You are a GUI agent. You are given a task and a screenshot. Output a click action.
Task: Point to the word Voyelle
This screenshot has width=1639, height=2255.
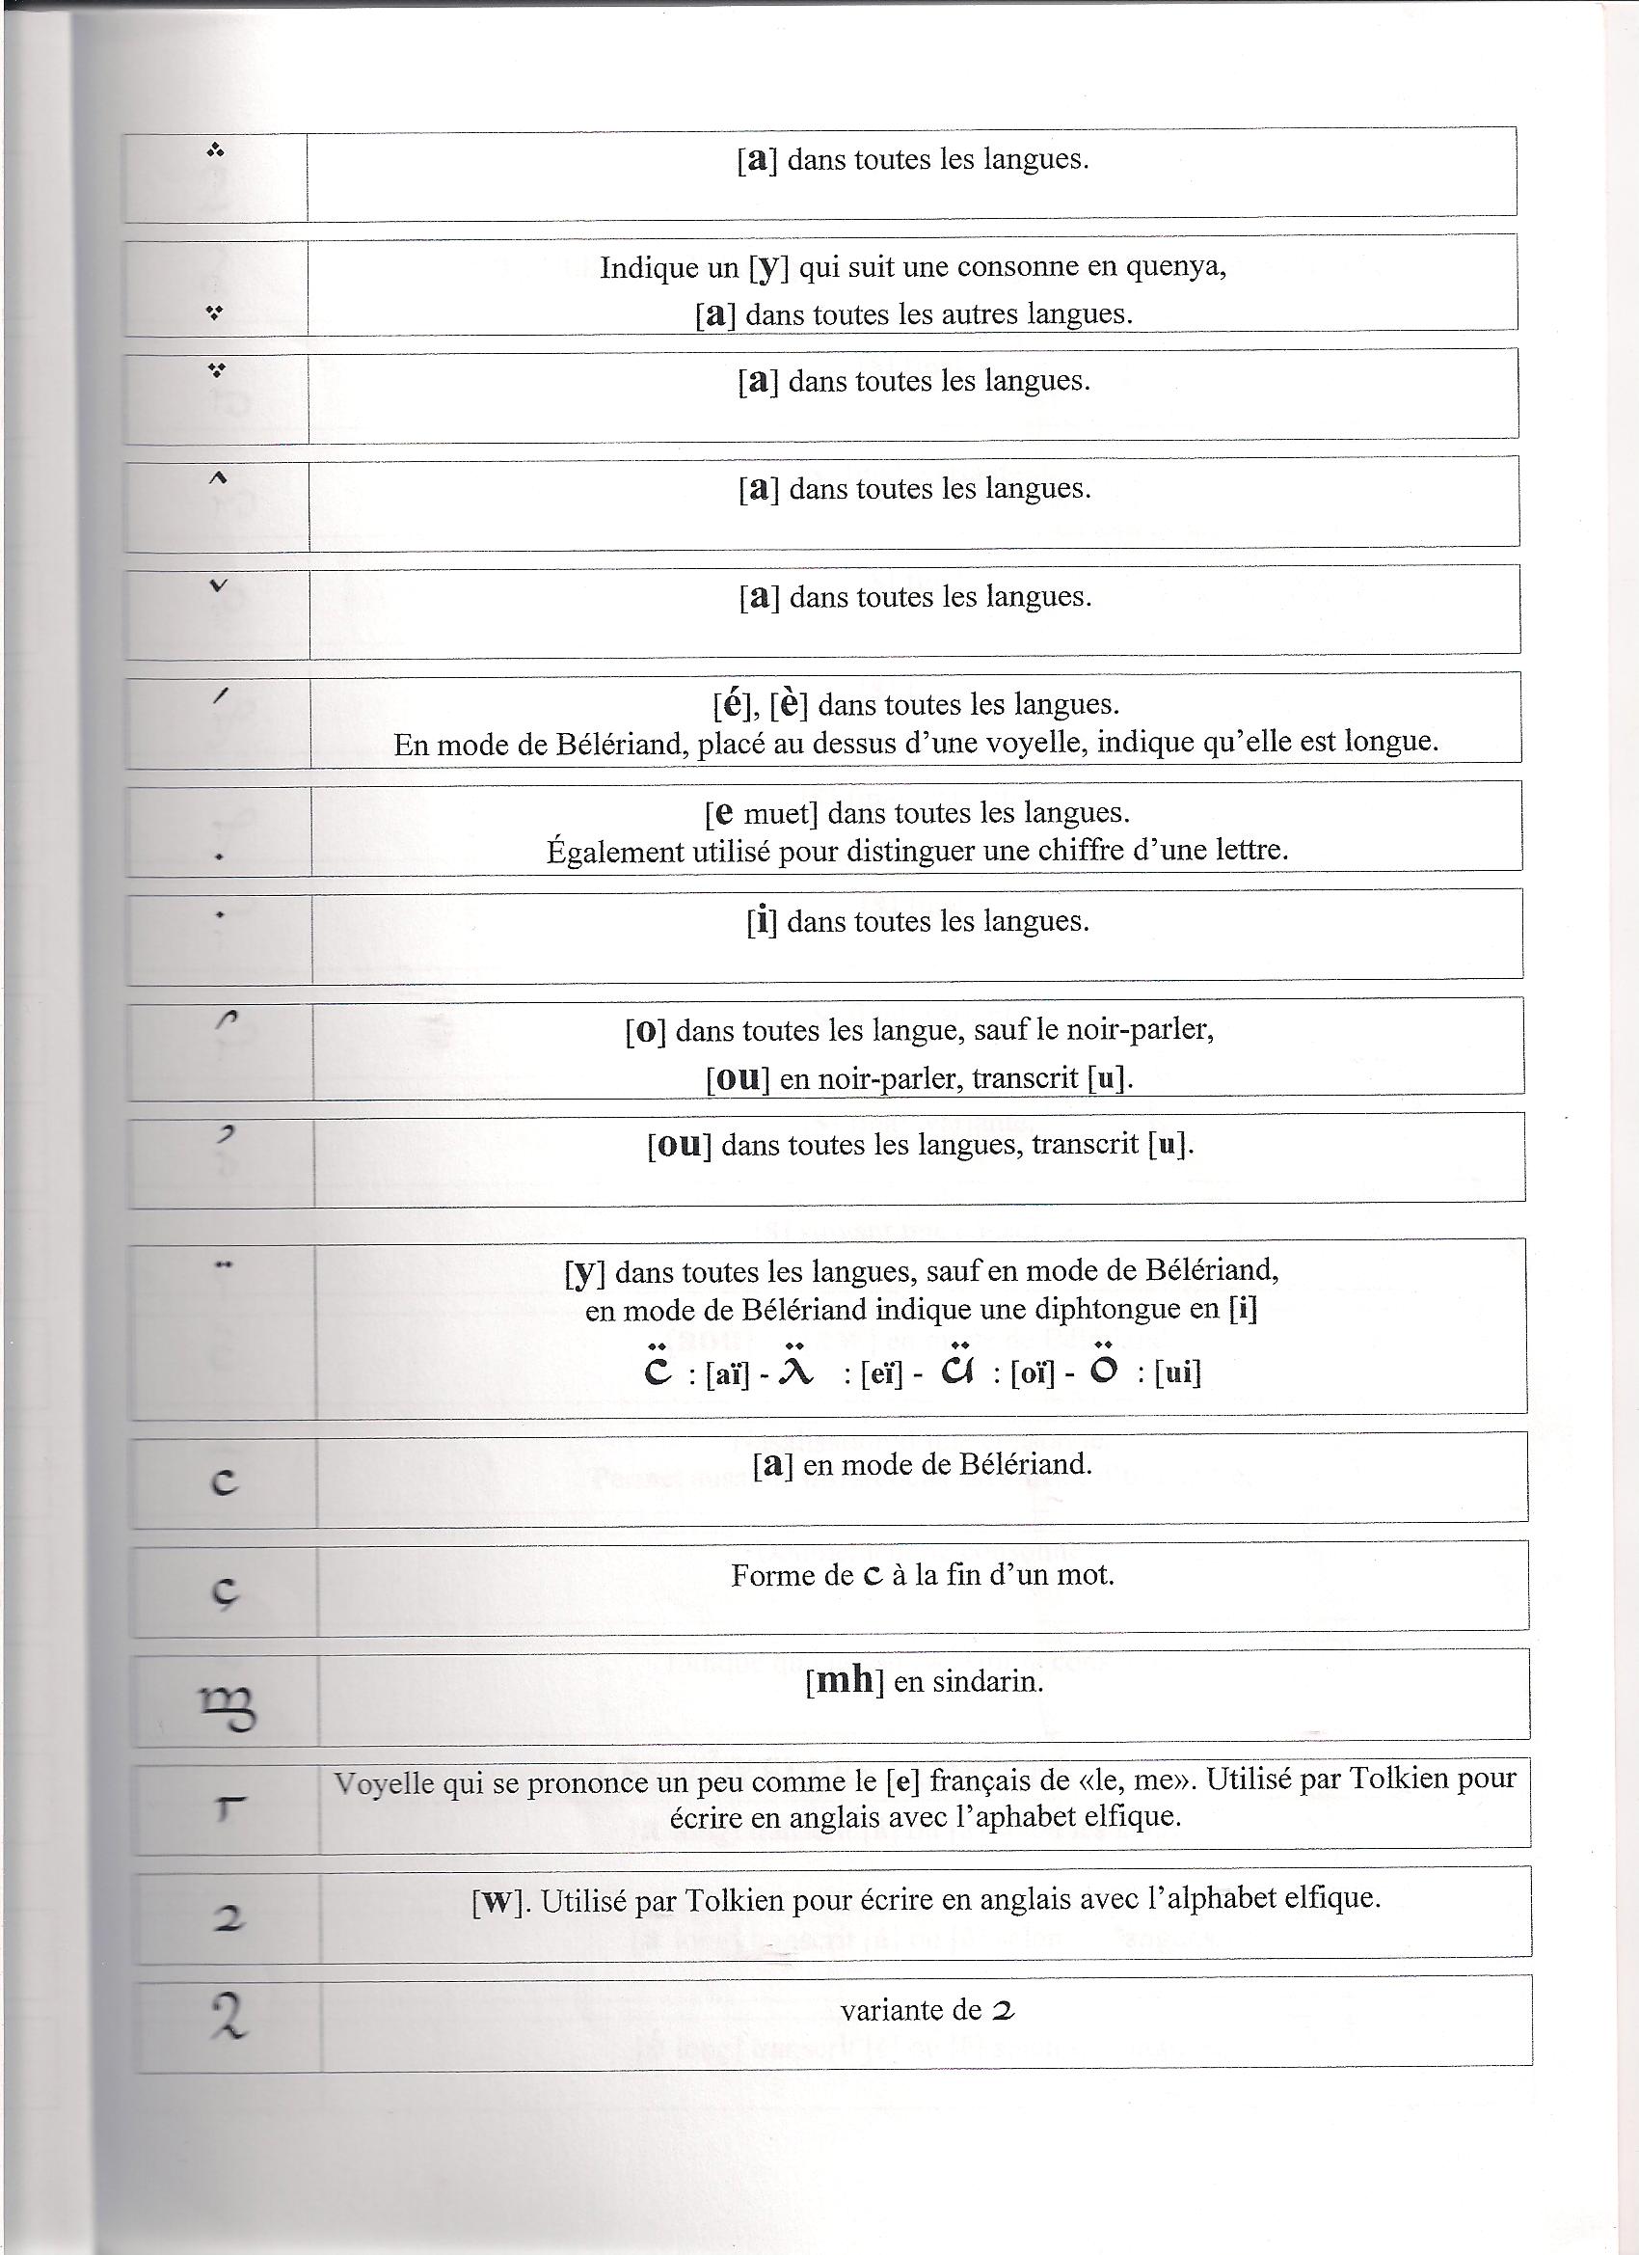coord(384,1782)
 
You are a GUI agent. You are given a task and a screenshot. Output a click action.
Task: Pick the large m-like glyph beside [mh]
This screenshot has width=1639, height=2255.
coord(228,1709)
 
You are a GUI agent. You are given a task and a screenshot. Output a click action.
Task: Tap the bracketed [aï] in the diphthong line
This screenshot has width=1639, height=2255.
coord(727,1374)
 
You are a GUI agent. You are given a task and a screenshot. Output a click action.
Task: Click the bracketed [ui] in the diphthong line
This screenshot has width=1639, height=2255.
coord(1178,1374)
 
